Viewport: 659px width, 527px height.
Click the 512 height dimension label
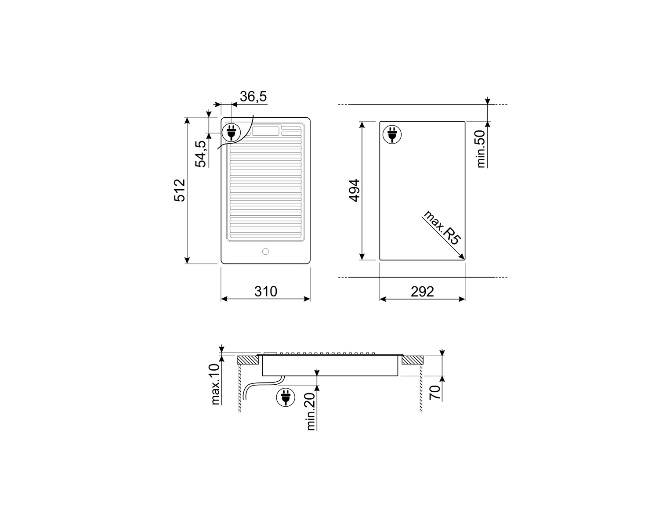tap(180, 190)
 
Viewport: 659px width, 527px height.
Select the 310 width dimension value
tap(266, 291)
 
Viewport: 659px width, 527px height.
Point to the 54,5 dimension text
tap(201, 154)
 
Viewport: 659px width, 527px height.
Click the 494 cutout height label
tap(354, 190)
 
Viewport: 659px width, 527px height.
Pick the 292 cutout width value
tap(422, 291)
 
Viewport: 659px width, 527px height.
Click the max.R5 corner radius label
tap(442, 228)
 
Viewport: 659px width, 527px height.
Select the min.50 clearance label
tap(481, 148)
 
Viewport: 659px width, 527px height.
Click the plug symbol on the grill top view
tap(231, 132)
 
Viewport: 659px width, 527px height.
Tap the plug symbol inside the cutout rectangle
tap(391, 134)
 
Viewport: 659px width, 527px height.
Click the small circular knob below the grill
tap(265, 252)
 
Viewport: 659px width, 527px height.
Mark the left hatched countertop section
tap(248, 360)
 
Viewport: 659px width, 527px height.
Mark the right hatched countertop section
tap(412, 360)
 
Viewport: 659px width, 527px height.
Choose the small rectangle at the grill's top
tap(265, 131)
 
